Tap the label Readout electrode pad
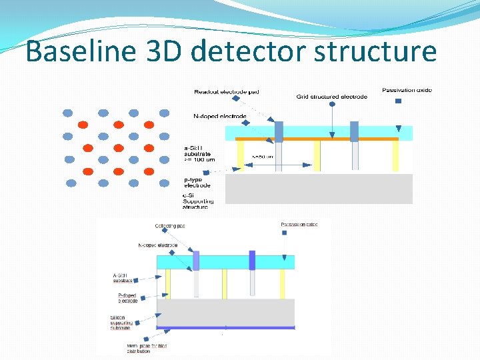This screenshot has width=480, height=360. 226,91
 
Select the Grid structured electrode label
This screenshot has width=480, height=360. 331,97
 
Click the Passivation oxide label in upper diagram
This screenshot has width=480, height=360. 407,90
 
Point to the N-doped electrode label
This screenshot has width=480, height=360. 219,116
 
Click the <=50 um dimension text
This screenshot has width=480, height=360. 262,157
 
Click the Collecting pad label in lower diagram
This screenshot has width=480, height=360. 170,226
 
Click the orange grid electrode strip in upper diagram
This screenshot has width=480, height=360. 320,139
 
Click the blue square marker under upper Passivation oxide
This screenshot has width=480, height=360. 398,101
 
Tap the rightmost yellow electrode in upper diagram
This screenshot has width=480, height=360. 395,157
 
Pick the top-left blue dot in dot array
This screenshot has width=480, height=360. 68,113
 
